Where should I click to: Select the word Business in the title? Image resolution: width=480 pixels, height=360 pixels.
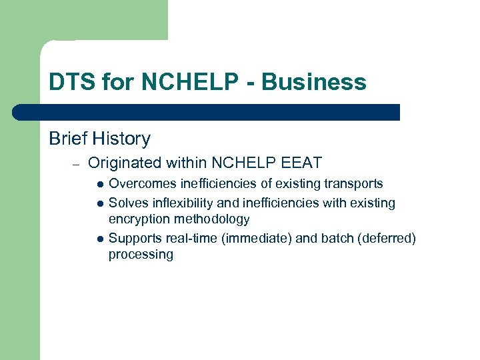(x=314, y=82)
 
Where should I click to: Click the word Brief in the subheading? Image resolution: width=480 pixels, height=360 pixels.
(x=69, y=139)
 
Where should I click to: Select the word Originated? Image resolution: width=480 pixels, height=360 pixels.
(x=125, y=162)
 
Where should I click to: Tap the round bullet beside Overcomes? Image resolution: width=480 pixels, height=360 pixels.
(x=99, y=184)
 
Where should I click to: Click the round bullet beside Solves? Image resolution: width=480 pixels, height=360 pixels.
(x=99, y=203)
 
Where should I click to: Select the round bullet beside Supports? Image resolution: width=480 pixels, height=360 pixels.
(x=99, y=238)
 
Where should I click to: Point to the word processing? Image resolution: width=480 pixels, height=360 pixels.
(x=141, y=255)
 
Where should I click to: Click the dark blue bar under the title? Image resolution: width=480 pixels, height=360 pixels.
(x=207, y=112)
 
